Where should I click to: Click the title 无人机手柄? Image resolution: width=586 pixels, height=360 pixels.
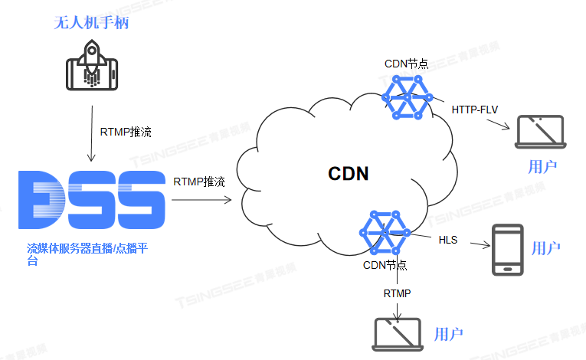[90, 23]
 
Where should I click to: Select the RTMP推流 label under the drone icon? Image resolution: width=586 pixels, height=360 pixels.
[126, 132]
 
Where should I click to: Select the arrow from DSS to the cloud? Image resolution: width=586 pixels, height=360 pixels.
[201, 201]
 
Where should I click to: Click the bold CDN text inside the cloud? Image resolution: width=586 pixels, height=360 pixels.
[349, 174]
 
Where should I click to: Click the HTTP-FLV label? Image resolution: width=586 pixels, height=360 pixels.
[474, 110]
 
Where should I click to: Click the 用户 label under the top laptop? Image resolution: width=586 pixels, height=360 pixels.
[542, 166]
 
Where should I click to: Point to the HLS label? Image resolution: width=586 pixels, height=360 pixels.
[448, 240]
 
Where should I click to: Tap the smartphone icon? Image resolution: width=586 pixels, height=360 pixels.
[507, 249]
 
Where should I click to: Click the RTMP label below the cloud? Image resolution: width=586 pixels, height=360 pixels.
[397, 293]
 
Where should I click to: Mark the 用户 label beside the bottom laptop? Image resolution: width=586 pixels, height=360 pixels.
[448, 334]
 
